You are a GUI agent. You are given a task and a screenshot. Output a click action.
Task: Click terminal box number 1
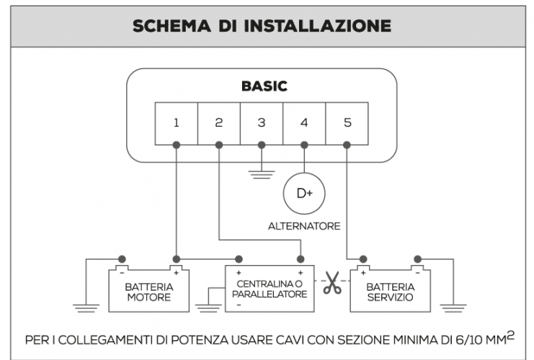[177, 123]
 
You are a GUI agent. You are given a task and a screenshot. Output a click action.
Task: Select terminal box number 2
[219, 123]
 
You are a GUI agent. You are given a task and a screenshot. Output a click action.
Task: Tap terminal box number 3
[262, 123]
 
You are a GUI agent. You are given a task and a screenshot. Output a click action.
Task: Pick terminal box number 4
[304, 123]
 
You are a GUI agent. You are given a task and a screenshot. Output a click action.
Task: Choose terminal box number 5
[347, 123]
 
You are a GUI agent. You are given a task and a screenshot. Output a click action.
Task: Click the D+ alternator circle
[304, 193]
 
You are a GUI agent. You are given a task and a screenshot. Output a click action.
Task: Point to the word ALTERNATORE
[304, 226]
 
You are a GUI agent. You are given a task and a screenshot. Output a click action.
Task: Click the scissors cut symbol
[331, 282]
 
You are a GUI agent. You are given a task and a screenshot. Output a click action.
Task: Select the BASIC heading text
[264, 86]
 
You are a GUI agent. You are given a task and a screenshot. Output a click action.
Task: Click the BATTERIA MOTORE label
[148, 292]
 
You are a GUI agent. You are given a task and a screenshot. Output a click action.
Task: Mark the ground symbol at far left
[86, 308]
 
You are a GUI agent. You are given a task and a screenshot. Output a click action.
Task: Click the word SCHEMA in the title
[171, 26]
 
